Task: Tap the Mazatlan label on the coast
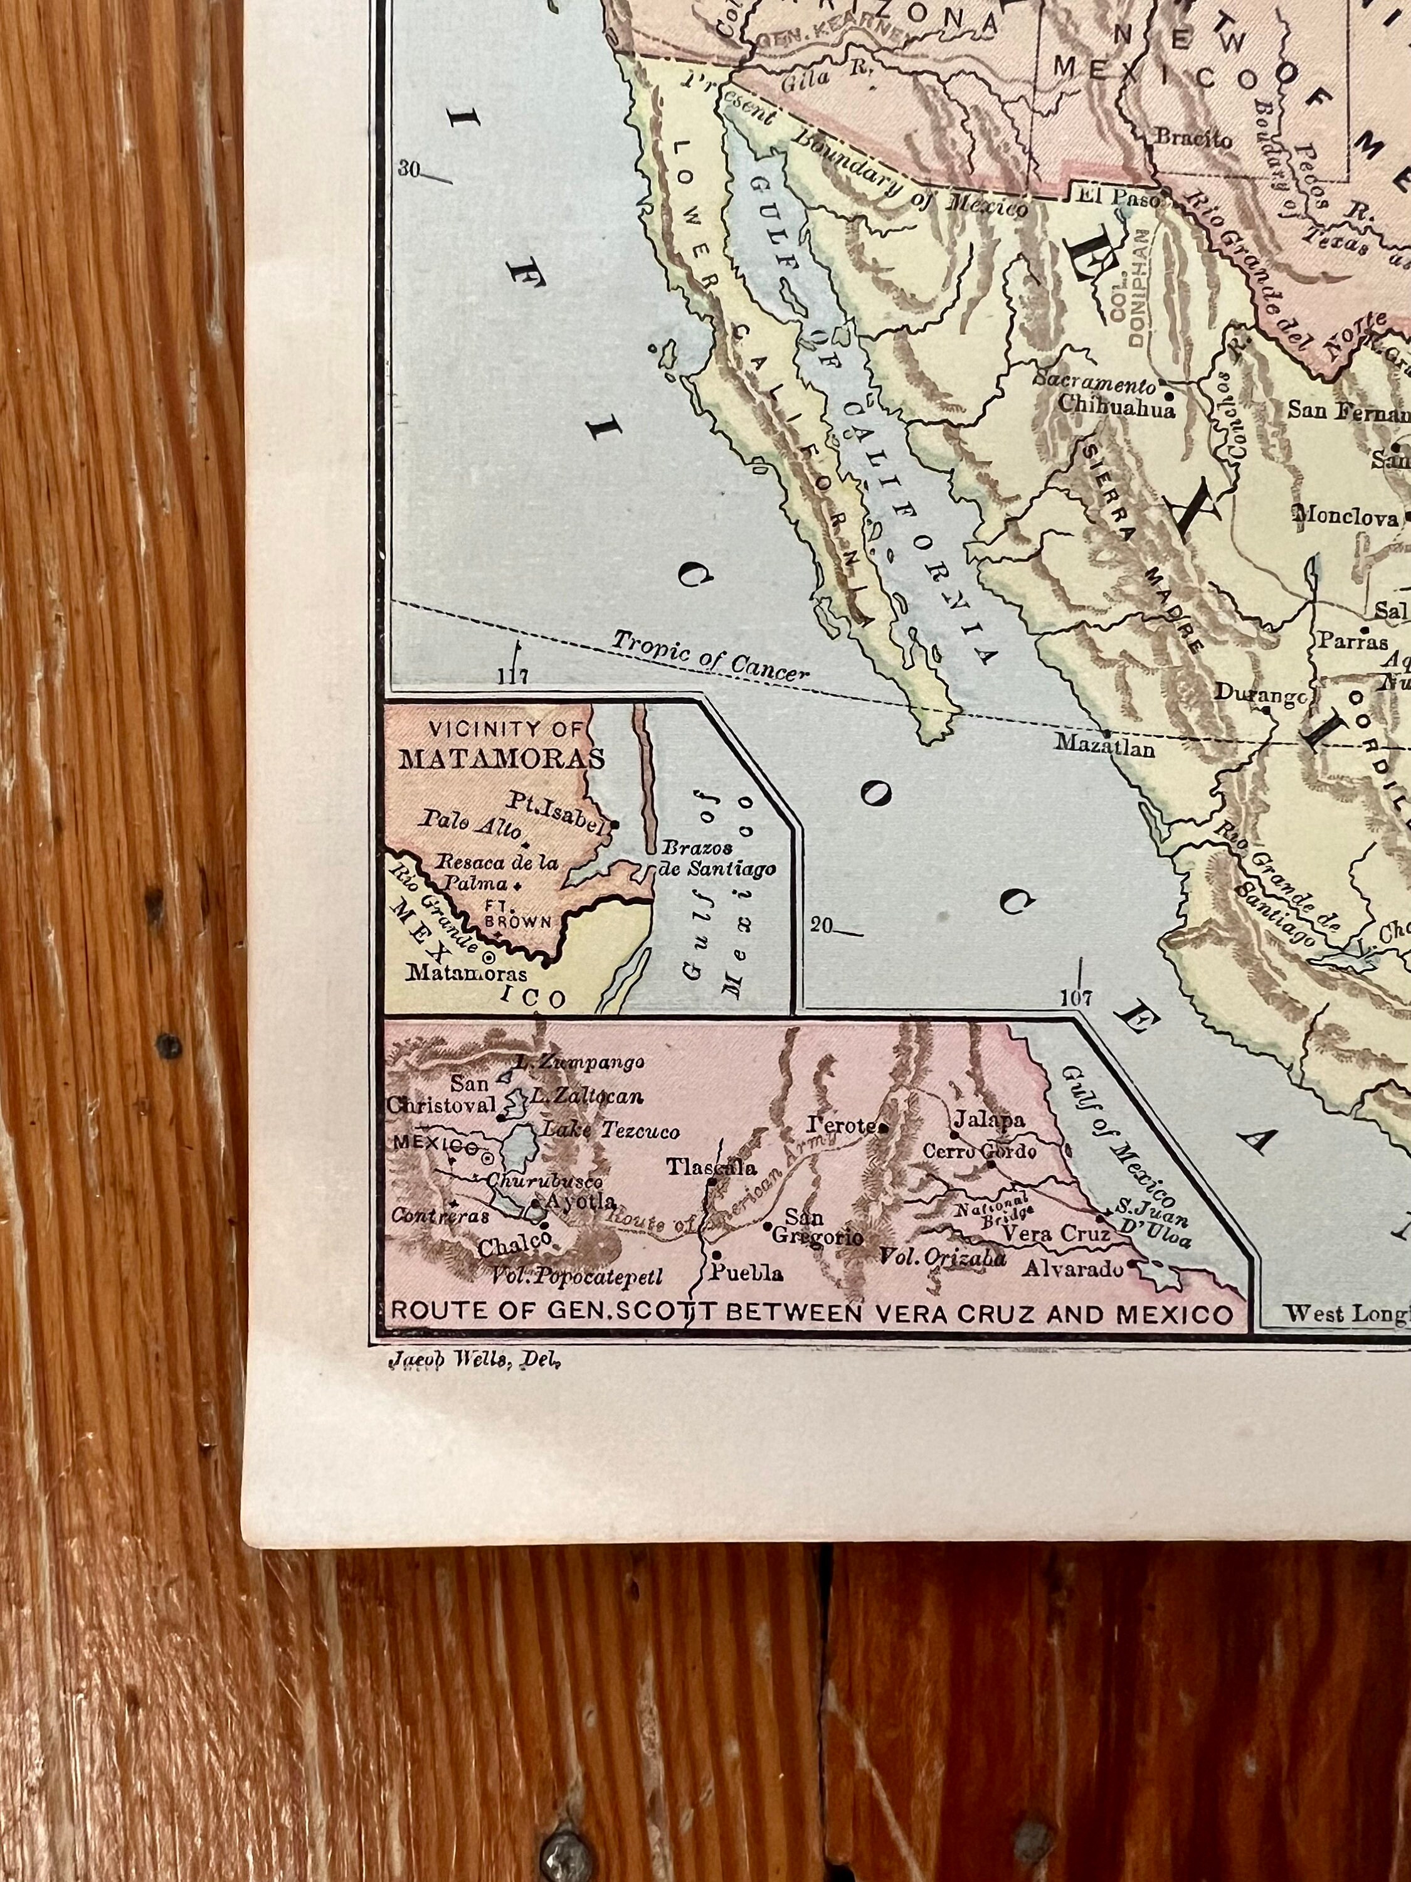click(x=1104, y=746)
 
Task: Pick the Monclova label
click(x=1345, y=516)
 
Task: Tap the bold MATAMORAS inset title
click(x=501, y=758)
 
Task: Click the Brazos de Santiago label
click(x=716, y=858)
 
